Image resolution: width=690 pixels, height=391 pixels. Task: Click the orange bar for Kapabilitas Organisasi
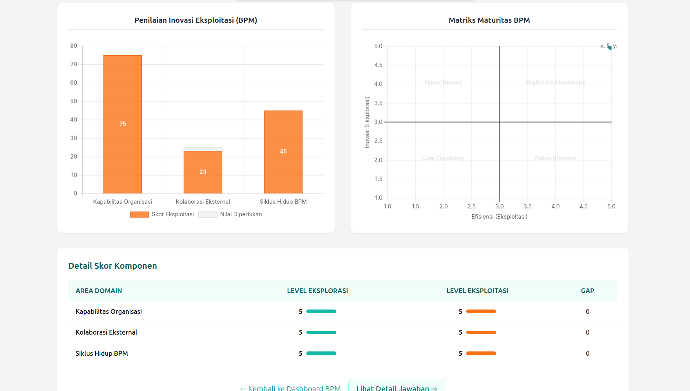(122, 124)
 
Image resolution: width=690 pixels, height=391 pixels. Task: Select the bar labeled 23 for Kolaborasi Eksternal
(203, 172)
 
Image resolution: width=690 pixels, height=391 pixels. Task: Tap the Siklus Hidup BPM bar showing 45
(283, 152)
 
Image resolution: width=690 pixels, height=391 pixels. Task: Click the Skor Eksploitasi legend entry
(162, 214)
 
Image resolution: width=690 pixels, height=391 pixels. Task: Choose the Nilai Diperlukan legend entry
(230, 214)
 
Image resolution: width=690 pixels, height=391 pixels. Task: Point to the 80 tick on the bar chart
(74, 46)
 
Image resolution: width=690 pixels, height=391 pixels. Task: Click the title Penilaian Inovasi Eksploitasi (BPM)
(196, 20)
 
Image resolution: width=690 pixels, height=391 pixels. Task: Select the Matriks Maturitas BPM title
(489, 20)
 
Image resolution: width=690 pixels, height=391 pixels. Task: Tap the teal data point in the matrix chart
(610, 47)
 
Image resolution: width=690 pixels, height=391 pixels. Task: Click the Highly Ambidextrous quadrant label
(555, 82)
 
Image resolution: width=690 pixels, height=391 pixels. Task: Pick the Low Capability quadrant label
(443, 158)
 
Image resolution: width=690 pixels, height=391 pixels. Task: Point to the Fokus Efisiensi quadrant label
(555, 158)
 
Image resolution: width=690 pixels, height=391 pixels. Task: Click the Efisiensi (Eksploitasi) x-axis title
(499, 217)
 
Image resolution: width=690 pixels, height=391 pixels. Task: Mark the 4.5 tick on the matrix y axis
(378, 65)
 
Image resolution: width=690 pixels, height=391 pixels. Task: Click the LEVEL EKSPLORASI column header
(317, 291)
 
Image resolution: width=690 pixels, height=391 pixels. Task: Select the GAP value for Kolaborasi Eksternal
(587, 332)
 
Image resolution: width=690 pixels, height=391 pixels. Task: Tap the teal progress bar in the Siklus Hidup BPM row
(321, 353)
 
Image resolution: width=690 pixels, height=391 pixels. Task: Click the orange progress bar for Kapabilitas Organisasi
(481, 311)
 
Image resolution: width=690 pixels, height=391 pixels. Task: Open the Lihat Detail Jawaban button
(397, 387)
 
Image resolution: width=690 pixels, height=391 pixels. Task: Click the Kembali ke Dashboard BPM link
(290, 388)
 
